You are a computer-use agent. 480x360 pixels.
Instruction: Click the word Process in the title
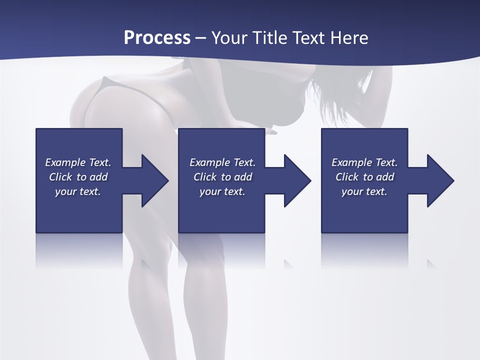(157, 38)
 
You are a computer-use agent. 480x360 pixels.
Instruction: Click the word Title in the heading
(268, 38)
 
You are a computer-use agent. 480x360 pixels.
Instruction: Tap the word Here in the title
(349, 38)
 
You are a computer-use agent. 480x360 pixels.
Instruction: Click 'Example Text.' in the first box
(78, 162)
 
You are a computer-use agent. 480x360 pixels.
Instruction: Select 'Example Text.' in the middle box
(222, 162)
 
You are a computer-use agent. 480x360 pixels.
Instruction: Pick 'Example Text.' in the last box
(364, 162)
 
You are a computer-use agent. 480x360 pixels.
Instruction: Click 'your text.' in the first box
(78, 191)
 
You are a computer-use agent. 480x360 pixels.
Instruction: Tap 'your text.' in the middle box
(222, 191)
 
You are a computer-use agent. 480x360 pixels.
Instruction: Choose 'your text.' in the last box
(364, 191)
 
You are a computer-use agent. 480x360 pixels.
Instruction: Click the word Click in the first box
(60, 177)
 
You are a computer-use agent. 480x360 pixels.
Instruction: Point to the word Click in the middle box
(205, 177)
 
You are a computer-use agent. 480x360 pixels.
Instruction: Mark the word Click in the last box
(347, 177)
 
